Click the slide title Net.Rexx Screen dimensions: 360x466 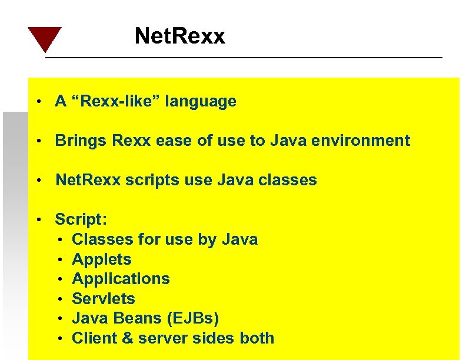pos(179,36)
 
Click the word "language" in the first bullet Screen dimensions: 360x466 pos(201,102)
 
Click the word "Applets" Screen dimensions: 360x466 pos(101,259)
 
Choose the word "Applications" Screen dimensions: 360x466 pos(121,279)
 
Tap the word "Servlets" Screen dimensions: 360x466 pos(103,298)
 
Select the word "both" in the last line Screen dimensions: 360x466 pos(257,338)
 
